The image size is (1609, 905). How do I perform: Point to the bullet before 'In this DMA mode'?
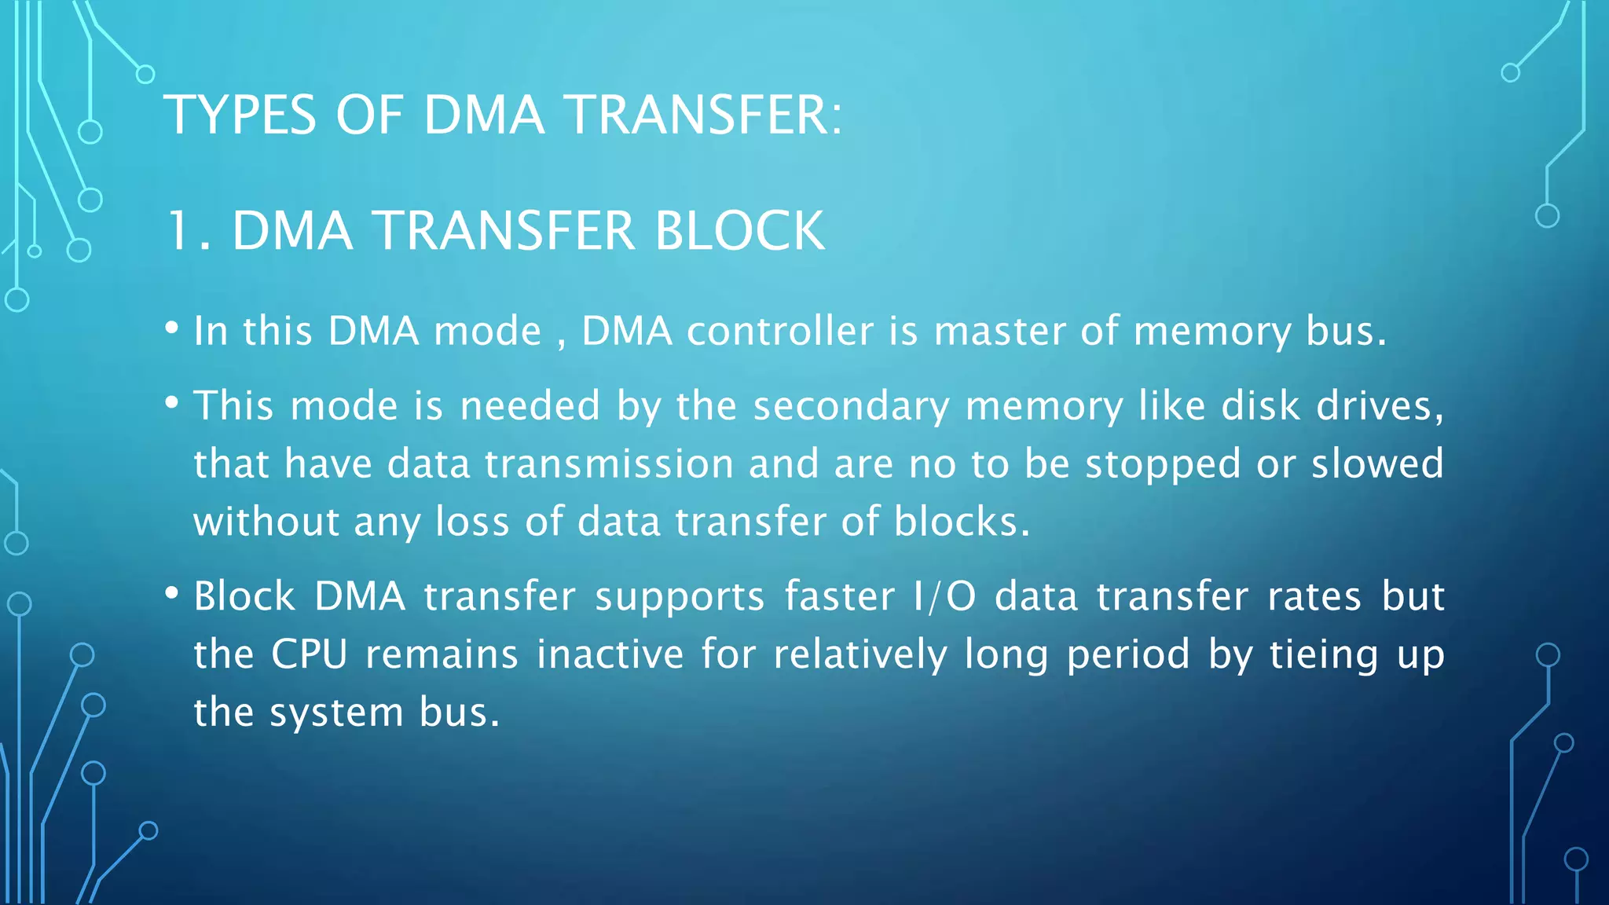pos(172,328)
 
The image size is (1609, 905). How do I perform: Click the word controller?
pos(779,331)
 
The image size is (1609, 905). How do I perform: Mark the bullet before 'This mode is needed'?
pos(172,403)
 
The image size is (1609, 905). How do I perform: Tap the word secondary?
pos(851,407)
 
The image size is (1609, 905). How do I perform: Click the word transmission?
pos(609,463)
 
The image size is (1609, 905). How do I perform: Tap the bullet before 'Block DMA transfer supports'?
pos(172,593)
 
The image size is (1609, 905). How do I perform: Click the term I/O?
pos(944,596)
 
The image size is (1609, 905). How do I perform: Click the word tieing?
pos(1325,655)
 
